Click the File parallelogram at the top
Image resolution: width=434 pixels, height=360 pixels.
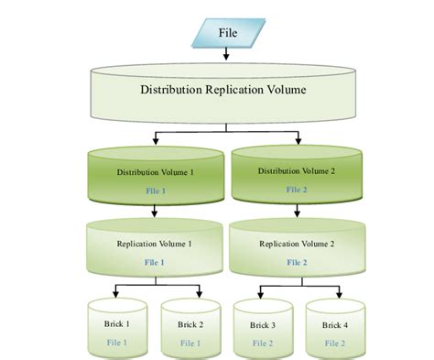click(225, 34)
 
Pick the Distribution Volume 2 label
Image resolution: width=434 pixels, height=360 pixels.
click(296, 170)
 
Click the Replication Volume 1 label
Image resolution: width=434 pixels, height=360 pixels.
click(154, 245)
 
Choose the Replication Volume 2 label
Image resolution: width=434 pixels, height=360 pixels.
click(296, 245)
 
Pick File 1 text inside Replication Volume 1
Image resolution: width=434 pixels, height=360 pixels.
click(154, 262)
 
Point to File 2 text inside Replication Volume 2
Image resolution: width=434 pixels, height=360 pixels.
click(296, 262)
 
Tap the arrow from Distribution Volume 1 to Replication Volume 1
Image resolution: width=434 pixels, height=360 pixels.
click(154, 211)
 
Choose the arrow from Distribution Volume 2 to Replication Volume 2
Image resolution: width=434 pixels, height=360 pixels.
click(296, 211)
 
